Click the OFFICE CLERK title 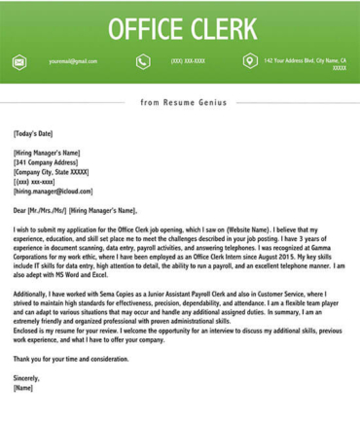(x=182, y=28)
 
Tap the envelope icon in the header (x=18, y=61)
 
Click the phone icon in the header (x=143, y=61)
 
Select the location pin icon (x=250, y=61)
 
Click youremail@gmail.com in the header (x=73, y=61)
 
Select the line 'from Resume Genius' (x=183, y=101)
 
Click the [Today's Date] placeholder (x=33, y=133)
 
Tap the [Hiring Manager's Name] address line (x=47, y=153)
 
